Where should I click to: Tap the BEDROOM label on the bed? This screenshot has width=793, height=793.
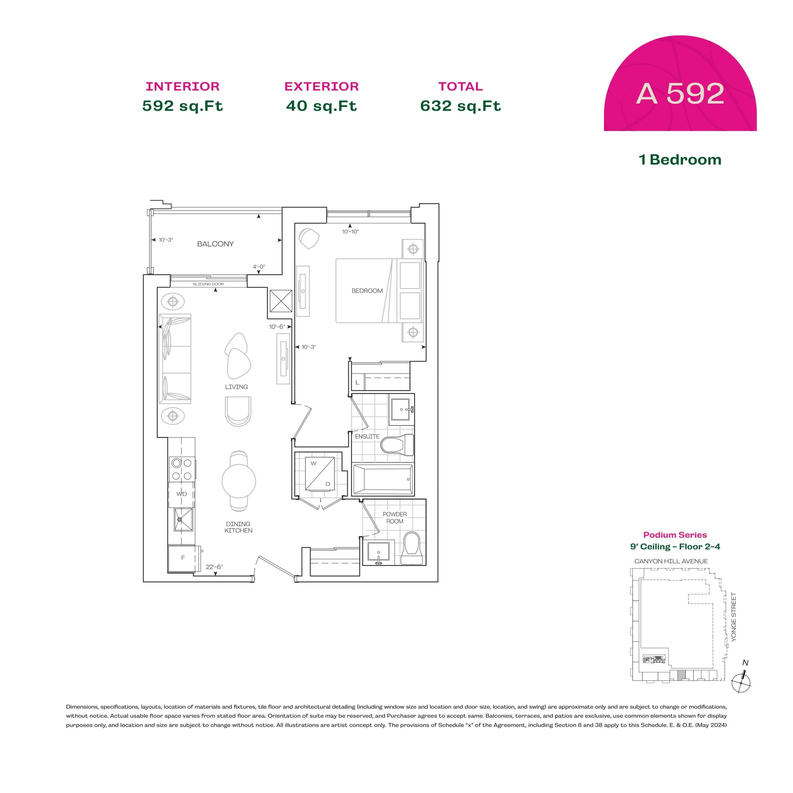(x=367, y=291)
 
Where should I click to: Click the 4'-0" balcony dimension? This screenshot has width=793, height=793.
(x=259, y=267)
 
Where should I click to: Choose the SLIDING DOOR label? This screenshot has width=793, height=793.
(x=208, y=284)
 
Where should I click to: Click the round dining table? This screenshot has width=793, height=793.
(x=239, y=481)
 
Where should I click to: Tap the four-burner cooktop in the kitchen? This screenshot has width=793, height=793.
(x=182, y=469)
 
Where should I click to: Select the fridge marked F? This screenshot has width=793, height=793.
(x=183, y=558)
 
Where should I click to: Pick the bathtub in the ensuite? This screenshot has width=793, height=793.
(x=383, y=479)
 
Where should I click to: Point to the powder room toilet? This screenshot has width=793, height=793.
(x=411, y=548)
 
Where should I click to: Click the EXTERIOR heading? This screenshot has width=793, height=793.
(x=322, y=87)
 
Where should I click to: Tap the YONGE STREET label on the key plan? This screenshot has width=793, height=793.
(x=734, y=617)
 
